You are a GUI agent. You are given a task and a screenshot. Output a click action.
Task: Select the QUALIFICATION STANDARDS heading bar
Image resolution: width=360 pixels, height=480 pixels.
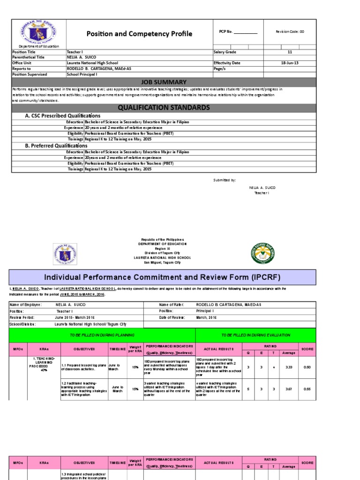164,107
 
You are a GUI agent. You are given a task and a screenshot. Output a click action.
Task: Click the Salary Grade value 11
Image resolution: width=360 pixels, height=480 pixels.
289,52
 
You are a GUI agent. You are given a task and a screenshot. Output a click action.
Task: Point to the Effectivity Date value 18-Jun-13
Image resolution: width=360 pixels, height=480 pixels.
289,62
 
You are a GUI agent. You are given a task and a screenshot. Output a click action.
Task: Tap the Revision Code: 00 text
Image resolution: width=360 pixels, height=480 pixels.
290,32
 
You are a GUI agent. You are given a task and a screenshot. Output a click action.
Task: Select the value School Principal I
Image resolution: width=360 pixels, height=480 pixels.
82,74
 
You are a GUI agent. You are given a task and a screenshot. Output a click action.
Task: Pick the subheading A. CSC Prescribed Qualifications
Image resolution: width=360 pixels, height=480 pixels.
62,116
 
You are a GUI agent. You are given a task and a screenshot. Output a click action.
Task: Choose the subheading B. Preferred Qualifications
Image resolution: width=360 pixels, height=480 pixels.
56,146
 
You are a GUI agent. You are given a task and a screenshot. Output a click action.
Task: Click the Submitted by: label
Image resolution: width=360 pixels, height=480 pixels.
225,180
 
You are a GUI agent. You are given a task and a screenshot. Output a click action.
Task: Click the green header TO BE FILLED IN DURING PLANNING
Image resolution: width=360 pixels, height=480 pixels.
102,335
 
